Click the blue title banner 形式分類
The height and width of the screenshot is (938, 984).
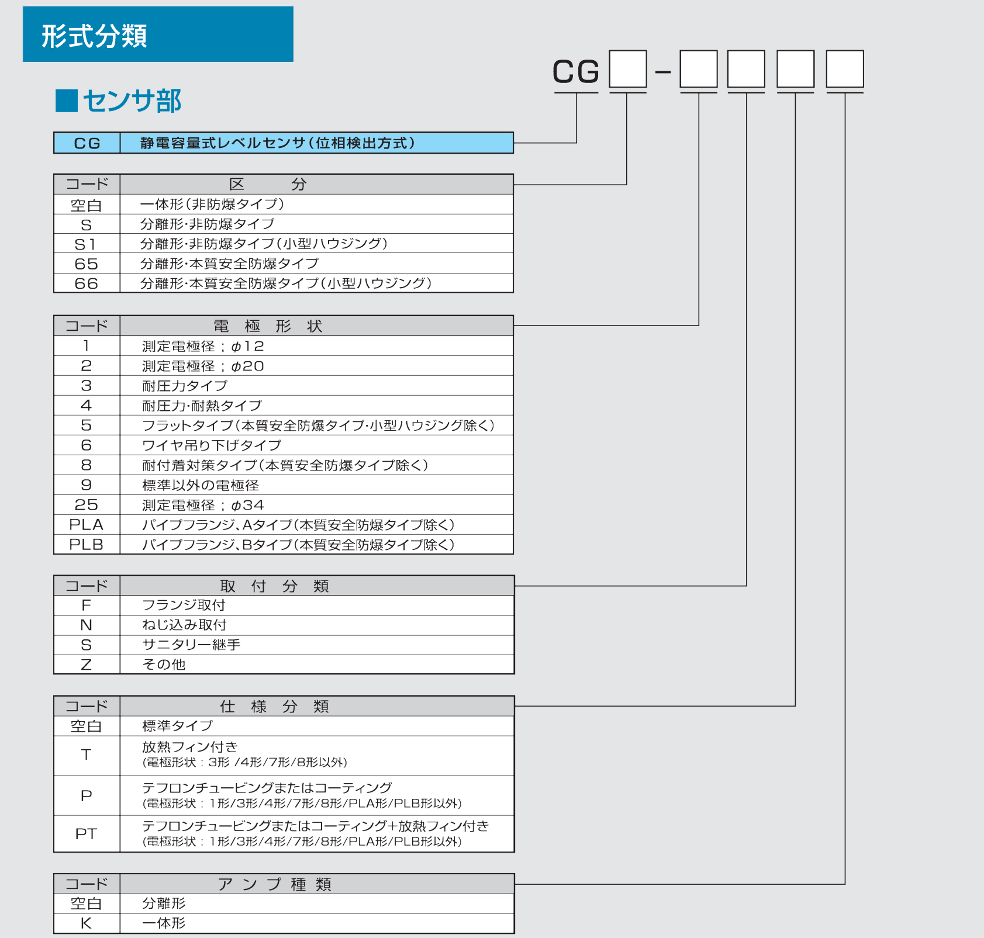click(x=158, y=34)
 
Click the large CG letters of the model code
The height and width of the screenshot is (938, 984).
click(x=576, y=72)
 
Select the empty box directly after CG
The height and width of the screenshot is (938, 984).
click(x=628, y=69)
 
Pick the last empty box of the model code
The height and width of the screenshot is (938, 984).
click(x=845, y=69)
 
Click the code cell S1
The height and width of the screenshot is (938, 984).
click(x=87, y=244)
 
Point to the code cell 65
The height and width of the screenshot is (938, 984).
click(x=87, y=264)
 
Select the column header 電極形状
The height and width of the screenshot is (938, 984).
click(x=268, y=326)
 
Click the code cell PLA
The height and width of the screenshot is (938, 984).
click(x=87, y=525)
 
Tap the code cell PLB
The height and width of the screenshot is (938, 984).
click(x=87, y=545)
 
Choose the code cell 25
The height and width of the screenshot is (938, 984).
click(x=87, y=505)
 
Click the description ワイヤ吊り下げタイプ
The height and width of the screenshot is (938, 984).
click(x=212, y=445)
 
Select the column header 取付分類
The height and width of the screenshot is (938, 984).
click(x=274, y=586)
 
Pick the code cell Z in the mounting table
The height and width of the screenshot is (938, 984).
click(x=87, y=664)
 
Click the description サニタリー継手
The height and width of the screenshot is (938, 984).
click(x=191, y=645)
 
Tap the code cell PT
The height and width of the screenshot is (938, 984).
click(x=87, y=834)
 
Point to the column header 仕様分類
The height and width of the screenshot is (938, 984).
click(x=274, y=707)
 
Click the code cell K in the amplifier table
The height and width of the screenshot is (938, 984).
click(x=87, y=923)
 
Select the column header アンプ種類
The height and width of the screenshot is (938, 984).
click(x=275, y=884)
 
